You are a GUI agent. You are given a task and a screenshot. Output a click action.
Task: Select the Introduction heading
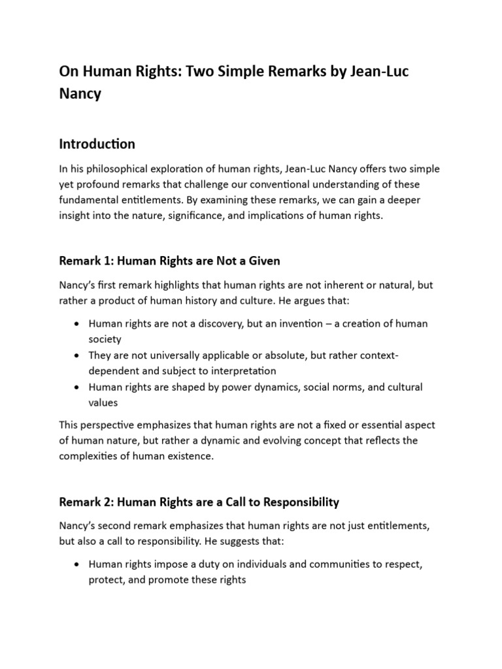[x=97, y=144]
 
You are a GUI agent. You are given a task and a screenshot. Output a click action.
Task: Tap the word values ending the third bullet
[x=103, y=403]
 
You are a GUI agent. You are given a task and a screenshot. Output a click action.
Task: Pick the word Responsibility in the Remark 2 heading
[x=301, y=502]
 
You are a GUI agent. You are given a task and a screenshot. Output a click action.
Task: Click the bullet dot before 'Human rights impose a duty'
[x=77, y=564]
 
